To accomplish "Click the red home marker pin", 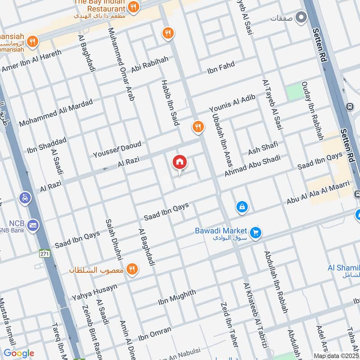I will pos(179,162).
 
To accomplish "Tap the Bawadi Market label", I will pos(221,230).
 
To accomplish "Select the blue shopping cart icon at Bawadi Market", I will pos(256,233).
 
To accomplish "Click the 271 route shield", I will pos(44,253).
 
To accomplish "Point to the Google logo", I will pos(18,353).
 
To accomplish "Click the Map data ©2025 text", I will pos(336,355).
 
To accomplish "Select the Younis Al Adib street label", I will pos(232,103).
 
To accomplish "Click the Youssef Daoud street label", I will pos(117,149).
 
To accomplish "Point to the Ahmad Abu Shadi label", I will pos(252,166).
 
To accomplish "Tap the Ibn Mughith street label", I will pos(177,298).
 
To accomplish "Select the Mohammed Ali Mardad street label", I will pos(55,112).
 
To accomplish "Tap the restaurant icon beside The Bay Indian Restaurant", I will pos(133,7).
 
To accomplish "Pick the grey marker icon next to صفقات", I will pos(301,18).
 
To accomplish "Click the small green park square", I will pos(294,92).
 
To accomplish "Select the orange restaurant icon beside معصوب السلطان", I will pos(132,269).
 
